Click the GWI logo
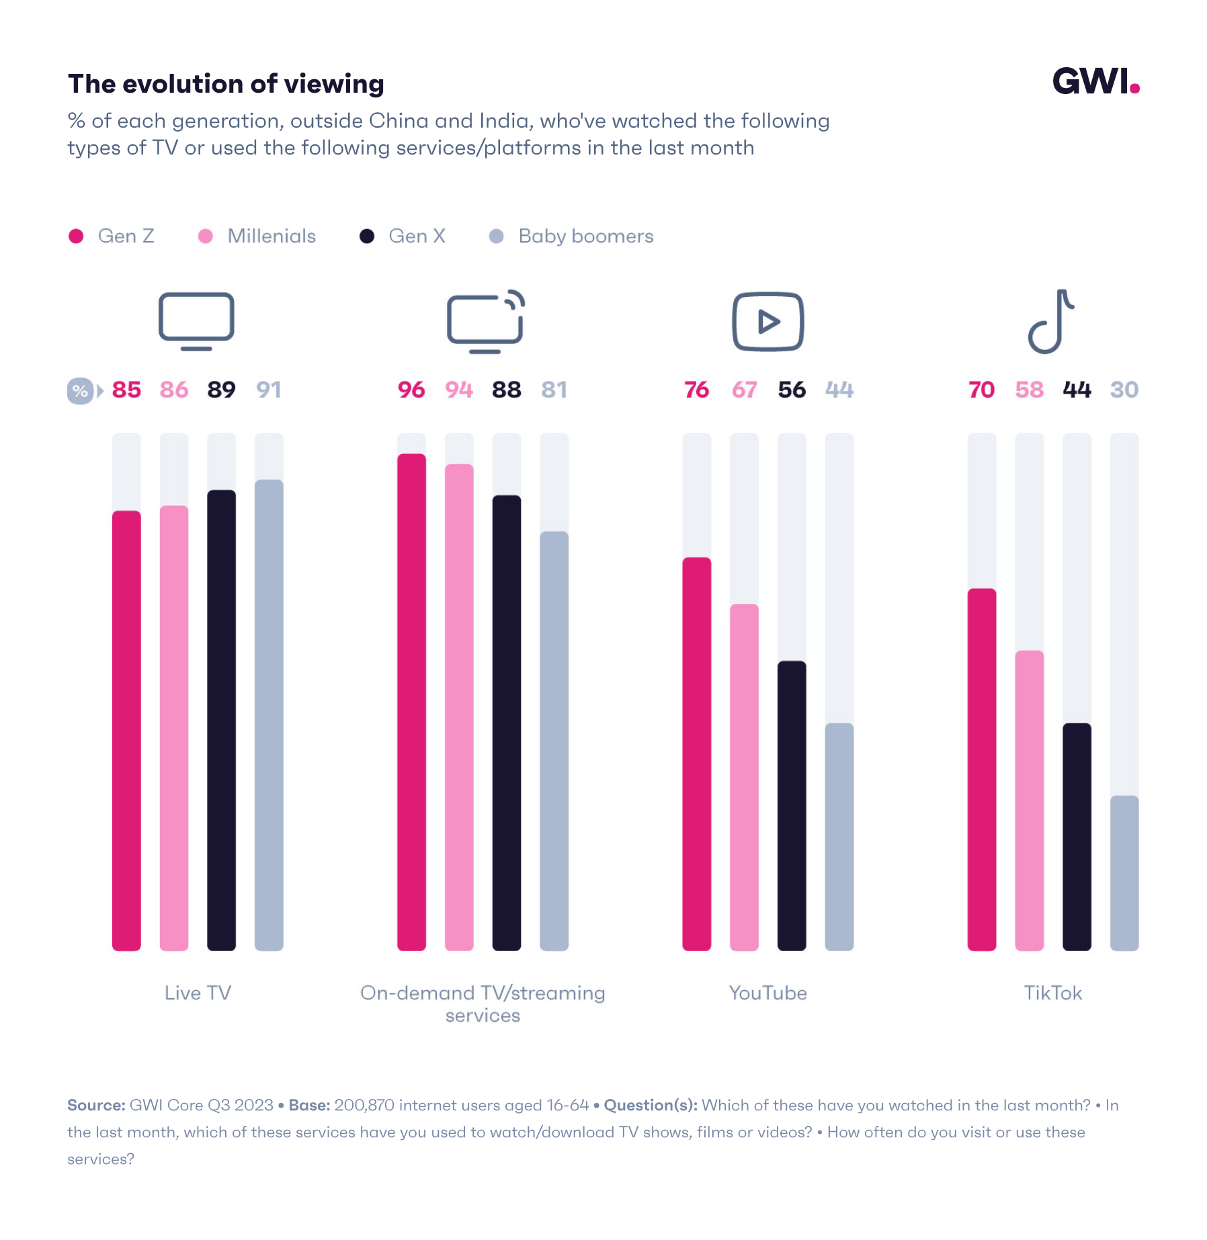click(1095, 82)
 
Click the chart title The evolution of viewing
click(226, 84)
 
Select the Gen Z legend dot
click(76, 236)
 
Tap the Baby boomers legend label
click(585, 236)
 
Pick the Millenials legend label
click(272, 236)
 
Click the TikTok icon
click(1052, 322)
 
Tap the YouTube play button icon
click(767, 322)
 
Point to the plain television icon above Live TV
click(196, 320)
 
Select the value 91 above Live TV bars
click(269, 390)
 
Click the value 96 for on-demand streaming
click(411, 390)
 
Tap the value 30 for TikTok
click(1124, 390)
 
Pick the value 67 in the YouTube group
click(744, 390)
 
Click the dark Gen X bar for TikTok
click(1077, 836)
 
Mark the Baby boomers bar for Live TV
click(269, 715)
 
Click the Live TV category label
click(198, 993)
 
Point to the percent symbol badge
click(80, 390)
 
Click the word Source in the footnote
click(96, 1105)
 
